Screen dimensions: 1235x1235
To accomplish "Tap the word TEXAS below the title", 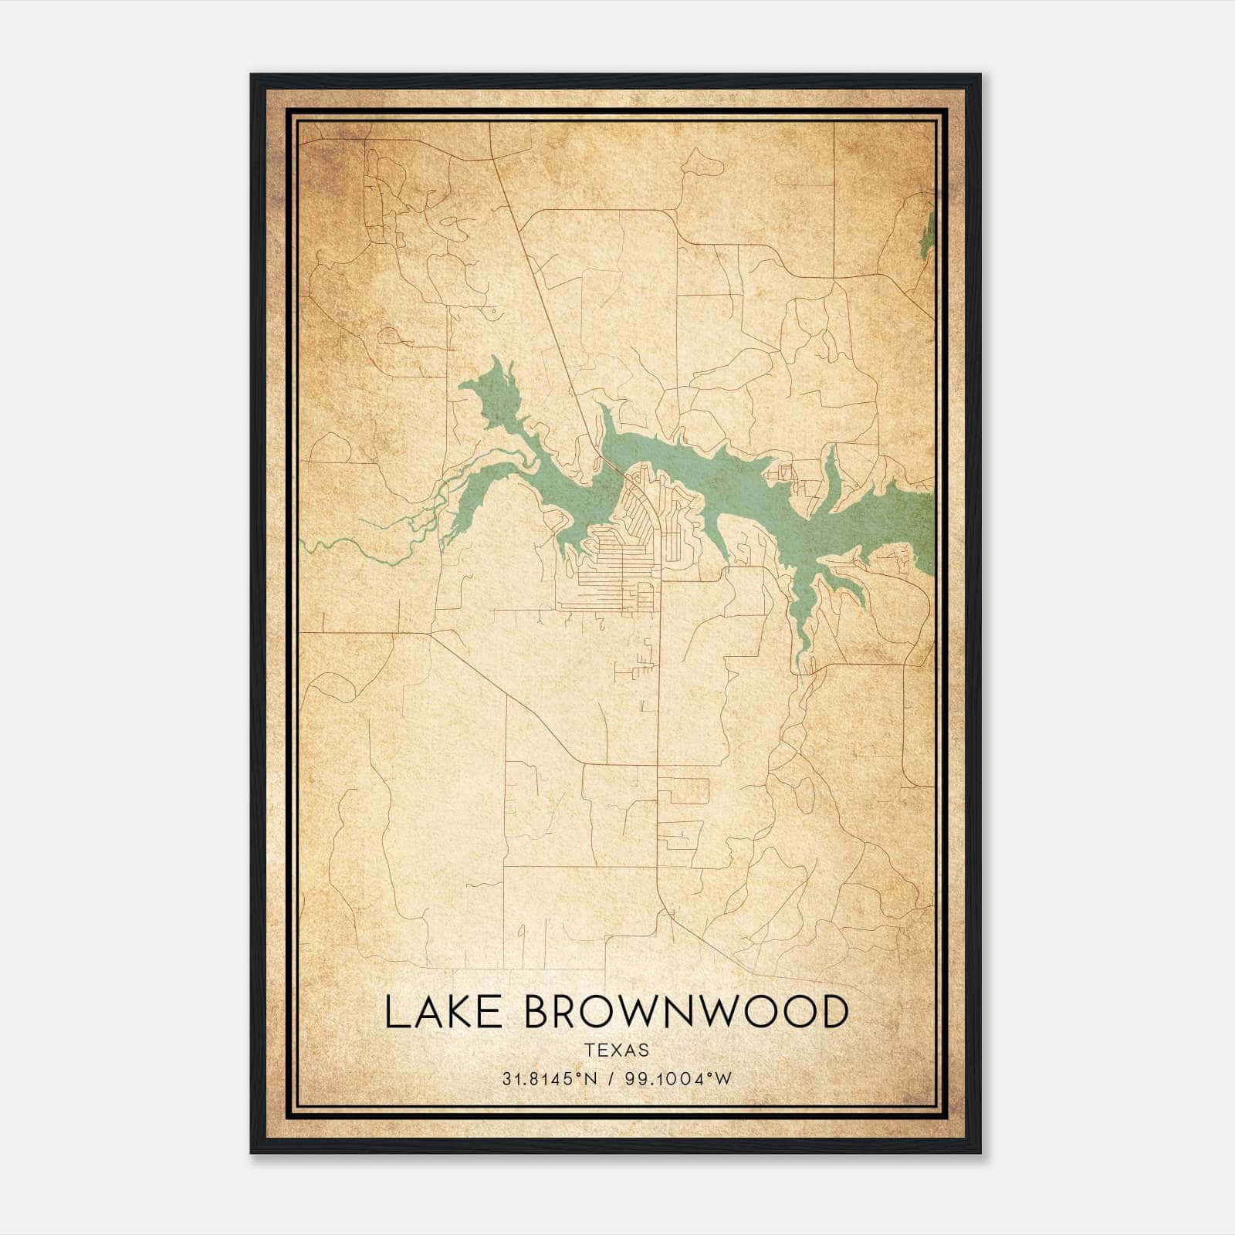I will point(617,1050).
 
